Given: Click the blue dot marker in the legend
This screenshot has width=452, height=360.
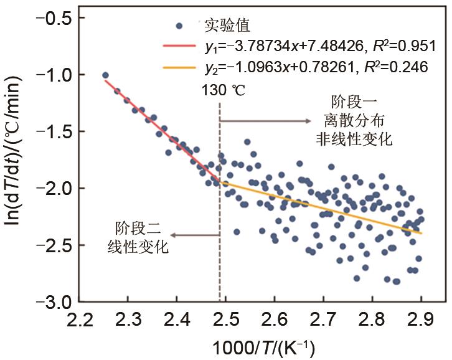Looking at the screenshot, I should pos(179,26).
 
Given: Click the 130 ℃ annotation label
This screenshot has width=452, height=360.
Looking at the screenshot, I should pos(224,91).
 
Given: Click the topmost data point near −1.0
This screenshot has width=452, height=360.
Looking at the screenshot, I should pos(105,75).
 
